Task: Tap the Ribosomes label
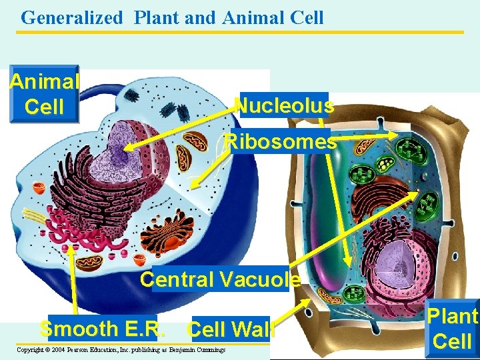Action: [281, 141]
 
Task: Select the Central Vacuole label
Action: [220, 279]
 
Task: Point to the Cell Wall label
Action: [230, 329]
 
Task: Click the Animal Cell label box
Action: [44, 94]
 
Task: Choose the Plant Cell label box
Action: [453, 328]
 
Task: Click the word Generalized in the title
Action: [72, 17]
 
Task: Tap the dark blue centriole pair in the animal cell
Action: [131, 96]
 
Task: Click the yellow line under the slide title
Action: [240, 31]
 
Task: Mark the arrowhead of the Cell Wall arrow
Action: [308, 301]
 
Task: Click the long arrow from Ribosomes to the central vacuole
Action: [337, 200]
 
